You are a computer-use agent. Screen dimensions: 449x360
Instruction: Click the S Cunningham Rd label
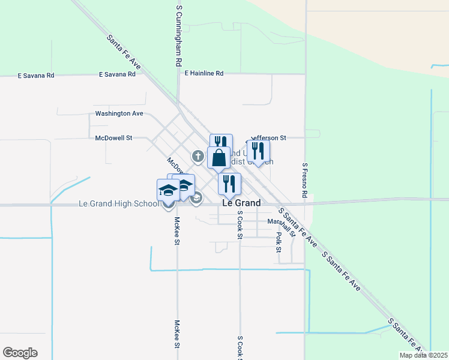pos(179,36)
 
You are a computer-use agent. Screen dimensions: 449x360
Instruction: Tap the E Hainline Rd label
pos(203,73)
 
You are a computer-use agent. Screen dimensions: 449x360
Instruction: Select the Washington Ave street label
pos(119,113)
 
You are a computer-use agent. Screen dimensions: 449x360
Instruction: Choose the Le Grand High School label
pos(119,204)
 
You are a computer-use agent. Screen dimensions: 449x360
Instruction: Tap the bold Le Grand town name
pos(241,203)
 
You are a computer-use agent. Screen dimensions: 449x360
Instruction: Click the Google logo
pos(20,353)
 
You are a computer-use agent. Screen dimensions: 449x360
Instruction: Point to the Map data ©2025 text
pos(423,355)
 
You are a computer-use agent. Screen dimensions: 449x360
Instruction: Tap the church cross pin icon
pos(197,157)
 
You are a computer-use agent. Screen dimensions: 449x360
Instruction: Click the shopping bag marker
pos(218,158)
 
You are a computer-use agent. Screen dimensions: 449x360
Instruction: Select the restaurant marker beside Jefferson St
pos(258,151)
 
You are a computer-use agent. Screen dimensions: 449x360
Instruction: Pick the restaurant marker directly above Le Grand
pos(229,184)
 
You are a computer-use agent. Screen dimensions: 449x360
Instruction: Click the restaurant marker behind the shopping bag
pos(221,142)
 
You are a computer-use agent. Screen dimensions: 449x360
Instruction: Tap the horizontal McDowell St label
pos(113,138)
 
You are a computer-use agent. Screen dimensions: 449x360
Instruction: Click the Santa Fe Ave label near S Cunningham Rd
pos(124,52)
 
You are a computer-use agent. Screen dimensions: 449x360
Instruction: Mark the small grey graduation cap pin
pos(196,198)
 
